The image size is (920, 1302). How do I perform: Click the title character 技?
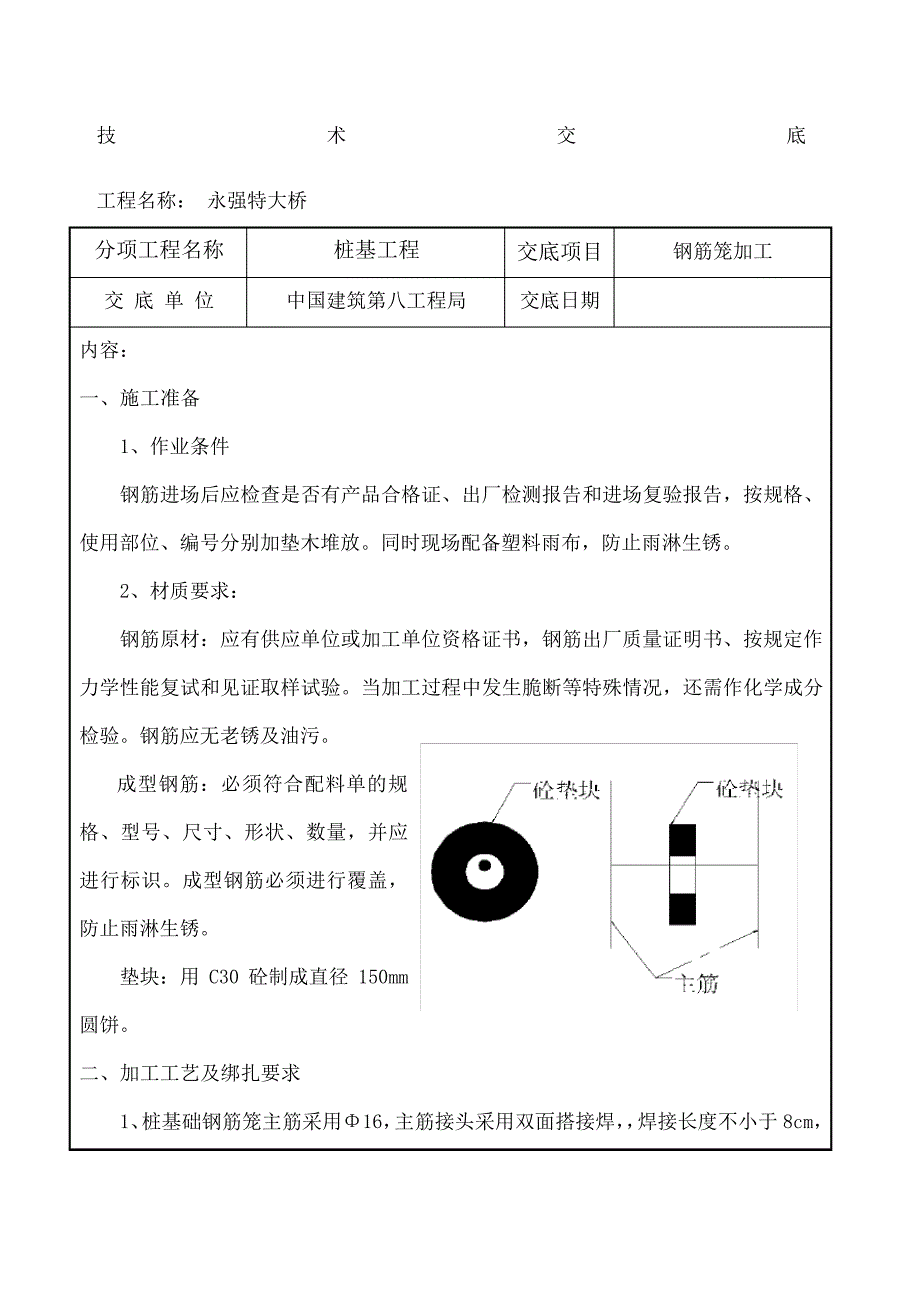[106, 137]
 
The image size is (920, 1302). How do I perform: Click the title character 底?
[796, 137]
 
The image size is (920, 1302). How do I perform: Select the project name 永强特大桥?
[257, 201]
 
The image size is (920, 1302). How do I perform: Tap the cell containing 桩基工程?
[375, 250]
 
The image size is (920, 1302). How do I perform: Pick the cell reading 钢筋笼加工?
[722, 252]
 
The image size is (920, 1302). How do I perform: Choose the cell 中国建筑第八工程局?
[375, 300]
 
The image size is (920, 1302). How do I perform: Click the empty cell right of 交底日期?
[722, 301]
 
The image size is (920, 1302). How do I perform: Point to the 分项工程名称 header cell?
[159, 250]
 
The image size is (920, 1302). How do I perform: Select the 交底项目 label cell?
[559, 251]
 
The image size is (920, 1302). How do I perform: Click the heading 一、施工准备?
[140, 398]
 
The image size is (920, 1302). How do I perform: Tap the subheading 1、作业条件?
[174, 446]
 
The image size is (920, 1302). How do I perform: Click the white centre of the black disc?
[484, 865]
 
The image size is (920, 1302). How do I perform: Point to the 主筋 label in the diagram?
[697, 984]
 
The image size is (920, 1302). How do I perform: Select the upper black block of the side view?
[682, 839]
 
